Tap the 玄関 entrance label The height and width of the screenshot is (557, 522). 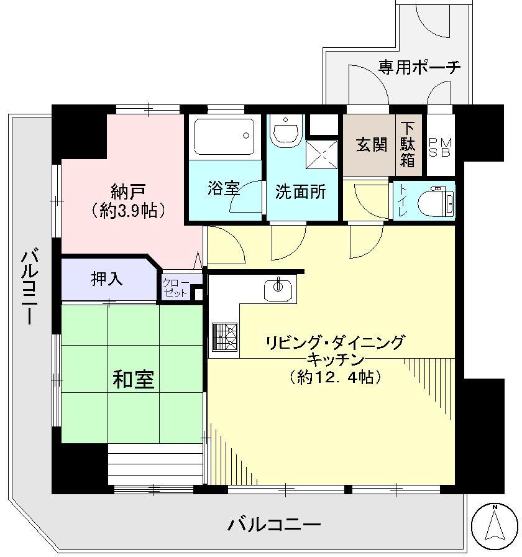point(371,145)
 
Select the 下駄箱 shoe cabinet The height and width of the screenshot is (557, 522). point(408,144)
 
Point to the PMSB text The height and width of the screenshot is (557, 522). point(441,149)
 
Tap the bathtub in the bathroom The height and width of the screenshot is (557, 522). point(223,136)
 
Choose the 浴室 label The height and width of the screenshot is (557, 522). point(224,189)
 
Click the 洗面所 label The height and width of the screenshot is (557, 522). point(301,191)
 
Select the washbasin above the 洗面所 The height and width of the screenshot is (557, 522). point(286,132)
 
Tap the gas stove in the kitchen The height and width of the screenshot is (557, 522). point(224,338)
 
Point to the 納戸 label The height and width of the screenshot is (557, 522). point(129,189)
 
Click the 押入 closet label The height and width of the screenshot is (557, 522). point(107,279)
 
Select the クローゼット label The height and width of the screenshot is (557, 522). point(176,287)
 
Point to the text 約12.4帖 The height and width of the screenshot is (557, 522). point(335,376)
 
